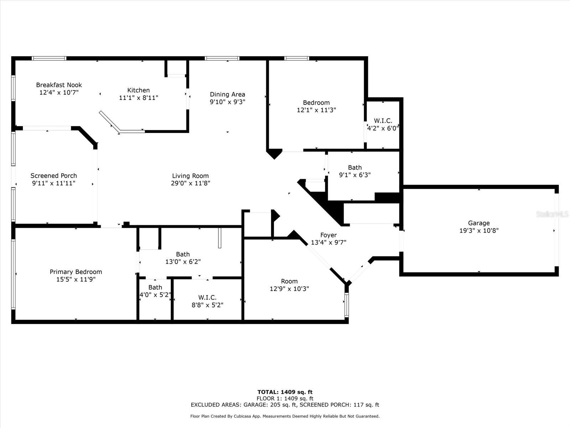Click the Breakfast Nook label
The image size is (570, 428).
tap(59, 85)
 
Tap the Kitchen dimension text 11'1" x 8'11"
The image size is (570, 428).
tap(139, 98)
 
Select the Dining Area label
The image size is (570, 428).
tap(227, 95)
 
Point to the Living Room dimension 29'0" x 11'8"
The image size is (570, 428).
tap(190, 183)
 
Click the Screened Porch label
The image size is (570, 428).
tap(53, 176)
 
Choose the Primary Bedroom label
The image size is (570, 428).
tap(76, 272)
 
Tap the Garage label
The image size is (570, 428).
tap(479, 223)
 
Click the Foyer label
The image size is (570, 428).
tap(328, 235)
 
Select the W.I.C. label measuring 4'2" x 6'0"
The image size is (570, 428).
tap(383, 121)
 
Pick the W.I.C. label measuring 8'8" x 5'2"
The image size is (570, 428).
tap(207, 298)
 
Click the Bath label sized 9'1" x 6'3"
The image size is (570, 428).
tap(354, 168)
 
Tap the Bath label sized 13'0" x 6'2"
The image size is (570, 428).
tap(183, 254)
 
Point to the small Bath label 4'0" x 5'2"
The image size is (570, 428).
tap(155, 287)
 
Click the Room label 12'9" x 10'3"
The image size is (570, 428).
tap(289, 281)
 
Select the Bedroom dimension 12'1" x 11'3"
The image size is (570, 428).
tap(316, 110)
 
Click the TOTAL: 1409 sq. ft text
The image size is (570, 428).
tap(285, 392)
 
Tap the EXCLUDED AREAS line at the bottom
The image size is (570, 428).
tap(285, 405)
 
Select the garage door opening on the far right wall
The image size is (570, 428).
tap(556, 230)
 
